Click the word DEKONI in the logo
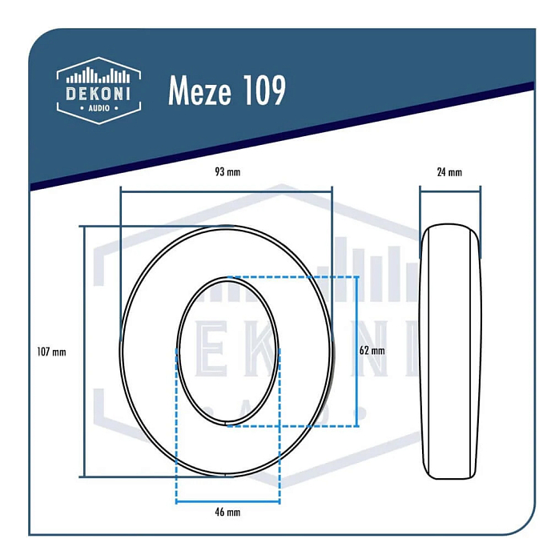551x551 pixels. click(99, 93)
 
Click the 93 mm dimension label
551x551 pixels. click(227, 172)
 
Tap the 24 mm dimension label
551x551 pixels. click(450, 172)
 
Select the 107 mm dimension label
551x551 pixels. click(51, 351)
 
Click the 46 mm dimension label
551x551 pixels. click(227, 512)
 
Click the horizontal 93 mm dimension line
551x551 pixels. click(226, 191)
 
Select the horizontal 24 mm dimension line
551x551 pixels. click(450, 190)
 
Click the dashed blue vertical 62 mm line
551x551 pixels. click(357, 351)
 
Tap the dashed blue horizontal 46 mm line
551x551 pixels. click(227, 501)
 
